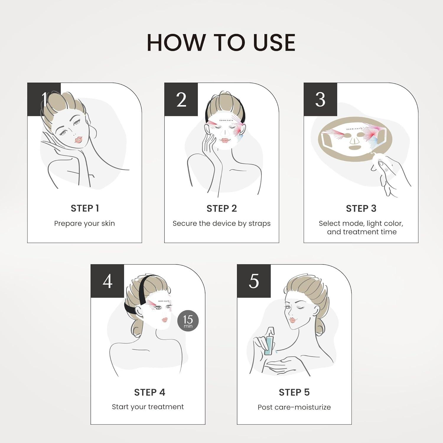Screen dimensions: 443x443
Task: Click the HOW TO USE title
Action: pos(221,43)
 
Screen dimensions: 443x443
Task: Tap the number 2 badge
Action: pos(181,100)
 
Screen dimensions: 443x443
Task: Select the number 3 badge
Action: pos(320,100)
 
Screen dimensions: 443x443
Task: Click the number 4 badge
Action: pos(108,281)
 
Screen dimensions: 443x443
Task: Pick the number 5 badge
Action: pos(254,281)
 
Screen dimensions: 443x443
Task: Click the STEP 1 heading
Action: pos(85,208)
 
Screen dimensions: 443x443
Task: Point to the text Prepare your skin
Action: pos(84,223)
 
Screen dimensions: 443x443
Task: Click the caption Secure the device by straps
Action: pos(221,223)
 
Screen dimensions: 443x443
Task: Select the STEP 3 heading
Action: pos(361,208)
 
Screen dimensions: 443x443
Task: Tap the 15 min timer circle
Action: pos(188,321)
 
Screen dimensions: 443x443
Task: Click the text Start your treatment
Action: pos(148,407)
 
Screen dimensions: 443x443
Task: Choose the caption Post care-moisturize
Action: pos(294,407)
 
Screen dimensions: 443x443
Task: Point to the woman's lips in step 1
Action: pos(78,139)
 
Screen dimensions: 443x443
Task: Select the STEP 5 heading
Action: pos(294,392)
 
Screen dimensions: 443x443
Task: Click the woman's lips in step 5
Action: pos(292,320)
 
